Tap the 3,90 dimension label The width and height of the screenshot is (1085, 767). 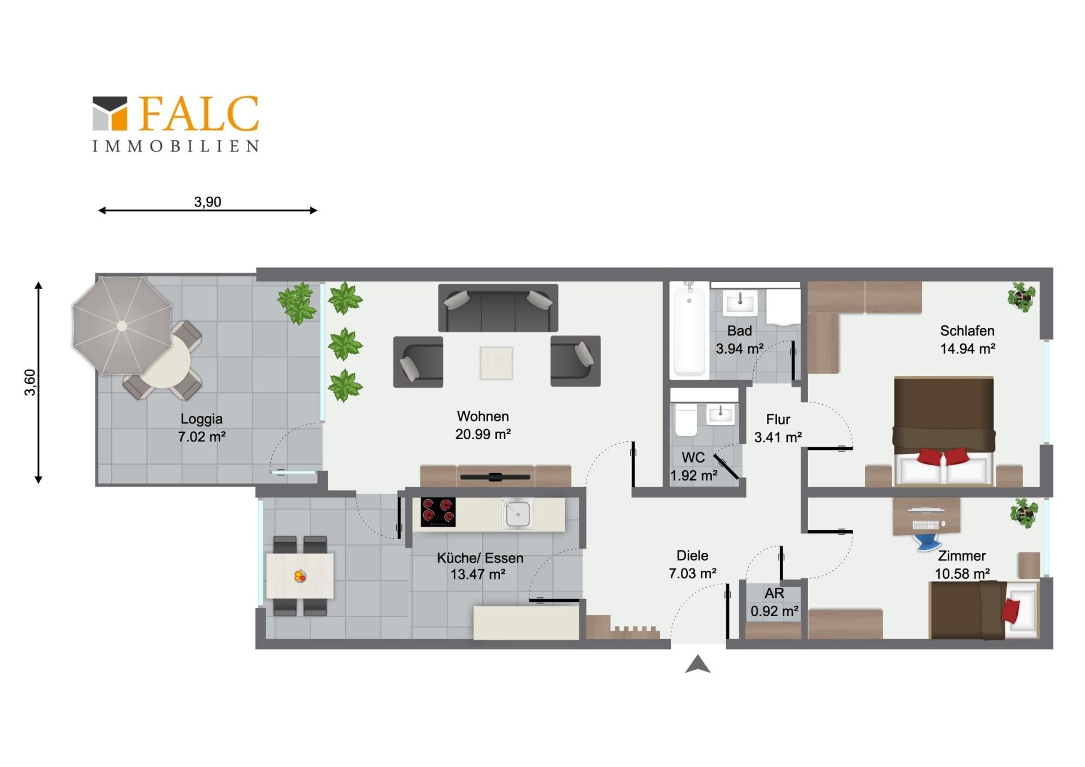[207, 202]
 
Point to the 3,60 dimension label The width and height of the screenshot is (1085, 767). [30, 382]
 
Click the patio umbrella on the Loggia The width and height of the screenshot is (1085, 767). [121, 326]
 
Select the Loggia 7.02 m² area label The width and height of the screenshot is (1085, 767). [202, 428]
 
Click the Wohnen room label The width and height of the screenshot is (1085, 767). [483, 417]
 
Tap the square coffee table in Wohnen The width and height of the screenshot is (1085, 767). [496, 363]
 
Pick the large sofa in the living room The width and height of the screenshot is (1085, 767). [498, 308]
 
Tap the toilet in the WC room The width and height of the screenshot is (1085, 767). [686, 419]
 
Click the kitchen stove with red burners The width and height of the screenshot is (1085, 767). [438, 512]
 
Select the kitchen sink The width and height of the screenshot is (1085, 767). [517, 513]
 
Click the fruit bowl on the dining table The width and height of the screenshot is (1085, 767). [300, 577]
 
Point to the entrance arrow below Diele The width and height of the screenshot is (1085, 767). [697, 665]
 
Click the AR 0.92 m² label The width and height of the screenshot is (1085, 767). [774, 602]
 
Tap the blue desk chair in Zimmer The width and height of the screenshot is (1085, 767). [928, 541]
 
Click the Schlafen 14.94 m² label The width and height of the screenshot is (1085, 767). [967, 340]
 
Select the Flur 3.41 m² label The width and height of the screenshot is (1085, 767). [778, 428]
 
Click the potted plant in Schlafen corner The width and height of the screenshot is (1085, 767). [1022, 296]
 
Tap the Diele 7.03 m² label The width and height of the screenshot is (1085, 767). [692, 565]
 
